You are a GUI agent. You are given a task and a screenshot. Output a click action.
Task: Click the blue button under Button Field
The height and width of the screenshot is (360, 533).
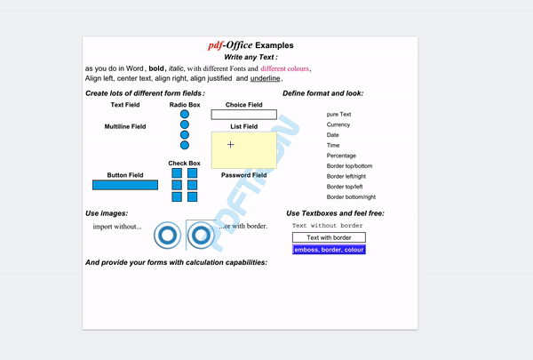click(124, 185)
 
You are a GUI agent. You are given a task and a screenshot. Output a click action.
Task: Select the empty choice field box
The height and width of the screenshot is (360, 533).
click(243, 115)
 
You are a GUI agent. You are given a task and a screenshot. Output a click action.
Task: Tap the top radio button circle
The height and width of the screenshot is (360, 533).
click(185, 115)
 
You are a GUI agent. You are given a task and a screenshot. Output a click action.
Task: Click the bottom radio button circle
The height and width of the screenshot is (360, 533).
click(185, 145)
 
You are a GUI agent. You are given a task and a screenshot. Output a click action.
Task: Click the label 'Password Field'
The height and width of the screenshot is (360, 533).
click(243, 175)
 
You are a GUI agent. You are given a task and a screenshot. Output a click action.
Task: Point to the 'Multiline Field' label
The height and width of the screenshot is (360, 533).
click(125, 127)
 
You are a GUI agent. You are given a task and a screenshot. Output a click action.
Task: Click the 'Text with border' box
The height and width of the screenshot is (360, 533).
click(329, 238)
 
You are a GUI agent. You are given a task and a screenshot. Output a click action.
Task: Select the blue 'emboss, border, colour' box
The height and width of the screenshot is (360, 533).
click(329, 250)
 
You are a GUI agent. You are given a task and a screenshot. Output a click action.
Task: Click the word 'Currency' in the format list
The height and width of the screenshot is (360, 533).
click(338, 125)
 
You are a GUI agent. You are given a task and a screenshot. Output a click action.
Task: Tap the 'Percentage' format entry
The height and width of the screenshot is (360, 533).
click(341, 156)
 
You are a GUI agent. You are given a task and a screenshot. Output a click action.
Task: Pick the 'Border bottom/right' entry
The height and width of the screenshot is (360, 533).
click(351, 196)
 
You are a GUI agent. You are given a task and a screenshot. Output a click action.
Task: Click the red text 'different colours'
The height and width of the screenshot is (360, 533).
click(285, 68)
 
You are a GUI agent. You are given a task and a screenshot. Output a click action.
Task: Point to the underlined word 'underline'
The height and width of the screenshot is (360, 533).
click(265, 79)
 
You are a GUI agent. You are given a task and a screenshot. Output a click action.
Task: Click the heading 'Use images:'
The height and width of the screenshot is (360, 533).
click(107, 213)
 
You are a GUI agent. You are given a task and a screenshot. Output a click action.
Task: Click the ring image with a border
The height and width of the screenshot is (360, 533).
click(200, 236)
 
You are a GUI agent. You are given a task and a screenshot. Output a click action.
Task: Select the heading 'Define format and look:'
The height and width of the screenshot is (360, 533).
click(322, 93)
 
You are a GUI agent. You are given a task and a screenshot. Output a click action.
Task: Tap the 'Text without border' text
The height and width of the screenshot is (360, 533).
click(328, 226)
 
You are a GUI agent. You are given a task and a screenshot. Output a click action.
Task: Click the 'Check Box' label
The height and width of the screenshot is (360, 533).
click(185, 164)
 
